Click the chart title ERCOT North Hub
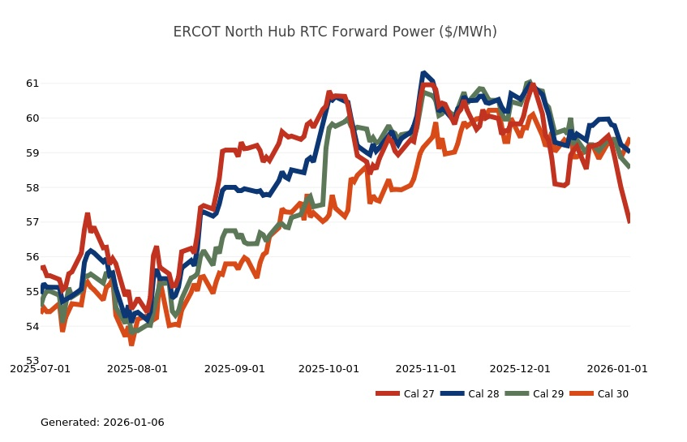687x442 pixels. point(334,32)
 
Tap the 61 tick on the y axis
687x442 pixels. point(32,84)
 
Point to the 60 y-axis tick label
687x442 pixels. point(32,118)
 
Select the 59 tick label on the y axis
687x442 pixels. point(32,153)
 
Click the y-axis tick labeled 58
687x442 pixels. point(32,187)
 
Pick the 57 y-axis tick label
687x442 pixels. point(32,222)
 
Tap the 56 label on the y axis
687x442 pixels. point(32,257)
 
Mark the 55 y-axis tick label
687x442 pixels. point(32,292)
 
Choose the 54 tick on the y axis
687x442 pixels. point(32,327)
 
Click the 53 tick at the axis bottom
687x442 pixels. point(32,361)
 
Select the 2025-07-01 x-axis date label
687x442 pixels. point(40,368)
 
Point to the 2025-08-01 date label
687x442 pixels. point(137,368)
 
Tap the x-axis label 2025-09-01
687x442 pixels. point(234,368)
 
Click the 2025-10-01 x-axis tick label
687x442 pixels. point(328,368)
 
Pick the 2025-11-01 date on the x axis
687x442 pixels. point(426,368)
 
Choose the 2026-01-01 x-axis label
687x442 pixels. point(617,368)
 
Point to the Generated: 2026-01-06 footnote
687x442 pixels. point(102,423)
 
